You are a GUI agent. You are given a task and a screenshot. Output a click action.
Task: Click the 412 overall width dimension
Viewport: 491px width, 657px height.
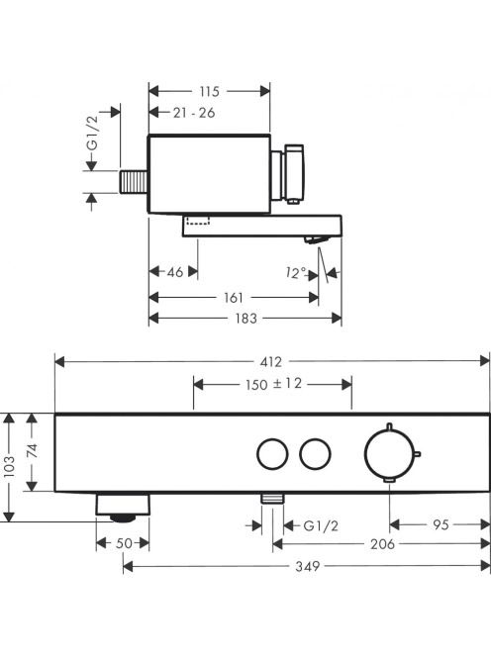coord(271,361)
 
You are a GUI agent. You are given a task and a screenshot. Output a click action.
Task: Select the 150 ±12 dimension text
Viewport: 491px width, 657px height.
coord(273,384)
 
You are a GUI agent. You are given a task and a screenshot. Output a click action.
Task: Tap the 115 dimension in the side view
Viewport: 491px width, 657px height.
coord(209,91)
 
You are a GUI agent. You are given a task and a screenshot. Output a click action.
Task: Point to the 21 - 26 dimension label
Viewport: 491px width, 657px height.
coord(194,112)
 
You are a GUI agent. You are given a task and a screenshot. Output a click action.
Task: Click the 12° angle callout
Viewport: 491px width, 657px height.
coord(296,273)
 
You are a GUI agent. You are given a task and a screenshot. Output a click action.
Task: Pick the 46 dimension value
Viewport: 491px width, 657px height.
coord(175,272)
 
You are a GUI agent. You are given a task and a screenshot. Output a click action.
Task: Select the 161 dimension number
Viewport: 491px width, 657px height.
coord(234,298)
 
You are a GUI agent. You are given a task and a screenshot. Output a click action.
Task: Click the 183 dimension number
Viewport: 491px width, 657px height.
coord(246,319)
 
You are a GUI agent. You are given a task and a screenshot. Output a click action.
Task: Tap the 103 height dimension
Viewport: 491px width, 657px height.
coord(9,466)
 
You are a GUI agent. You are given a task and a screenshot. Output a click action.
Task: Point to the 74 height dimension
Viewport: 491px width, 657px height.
coord(33,450)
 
